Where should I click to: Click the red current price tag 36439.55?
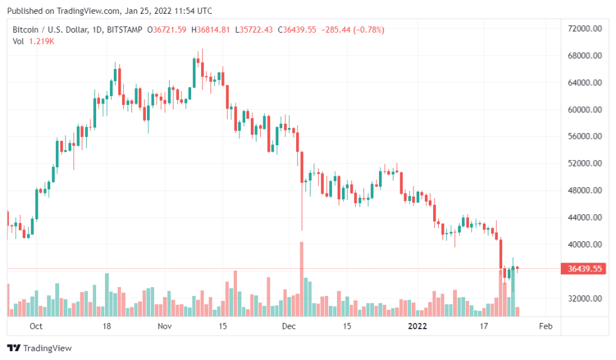pyautogui.click(x=585, y=269)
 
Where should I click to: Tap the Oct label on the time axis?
pyautogui.click(x=36, y=326)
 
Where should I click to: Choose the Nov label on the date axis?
pyautogui.click(x=164, y=326)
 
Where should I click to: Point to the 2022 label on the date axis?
pyautogui.click(x=417, y=326)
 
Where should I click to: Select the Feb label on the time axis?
pyautogui.click(x=546, y=326)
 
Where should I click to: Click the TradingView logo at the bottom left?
pyautogui.click(x=39, y=348)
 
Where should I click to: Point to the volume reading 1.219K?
pyautogui.click(x=42, y=41)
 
